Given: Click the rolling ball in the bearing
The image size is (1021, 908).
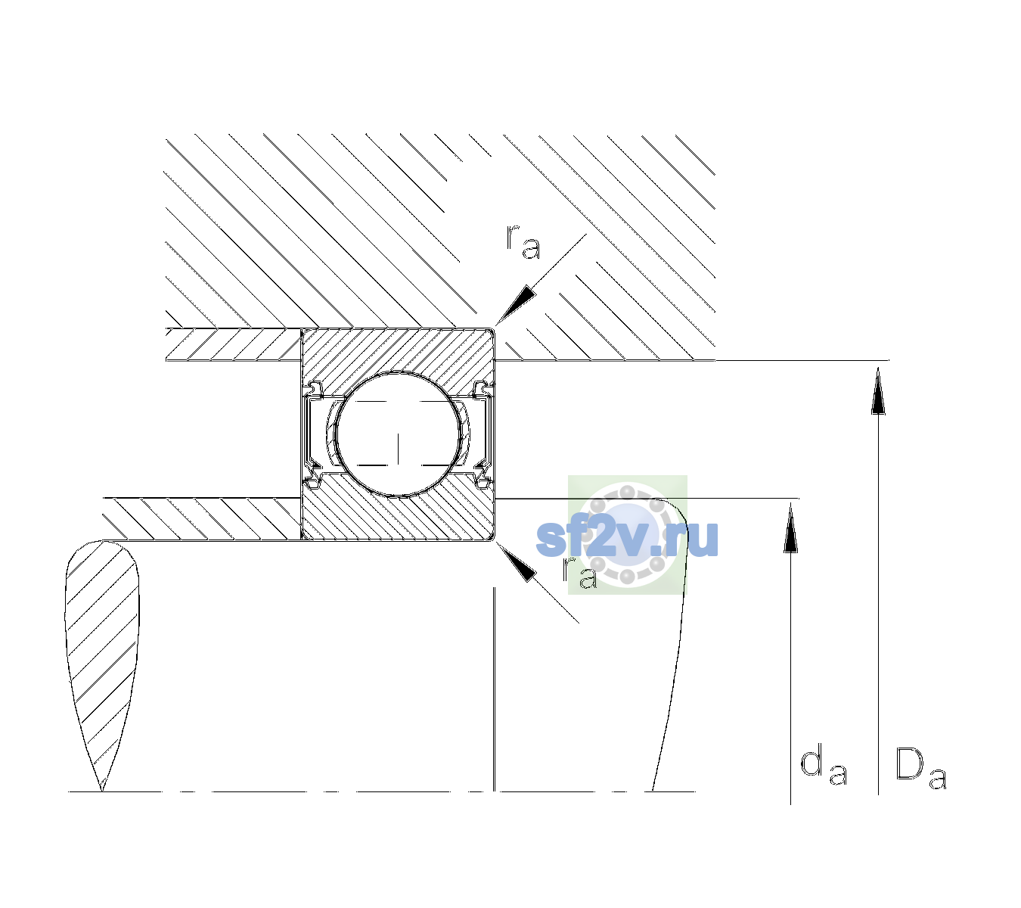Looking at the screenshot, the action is [x=398, y=434].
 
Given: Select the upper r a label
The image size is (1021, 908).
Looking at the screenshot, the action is [x=523, y=242].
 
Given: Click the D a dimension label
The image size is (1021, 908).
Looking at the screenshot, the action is [x=920, y=768].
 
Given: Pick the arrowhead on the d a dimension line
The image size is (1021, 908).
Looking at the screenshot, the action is [x=790, y=527].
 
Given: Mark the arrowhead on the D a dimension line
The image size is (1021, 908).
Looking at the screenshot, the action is [x=878, y=390].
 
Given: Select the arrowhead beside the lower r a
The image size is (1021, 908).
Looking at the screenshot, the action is [x=516, y=562].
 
